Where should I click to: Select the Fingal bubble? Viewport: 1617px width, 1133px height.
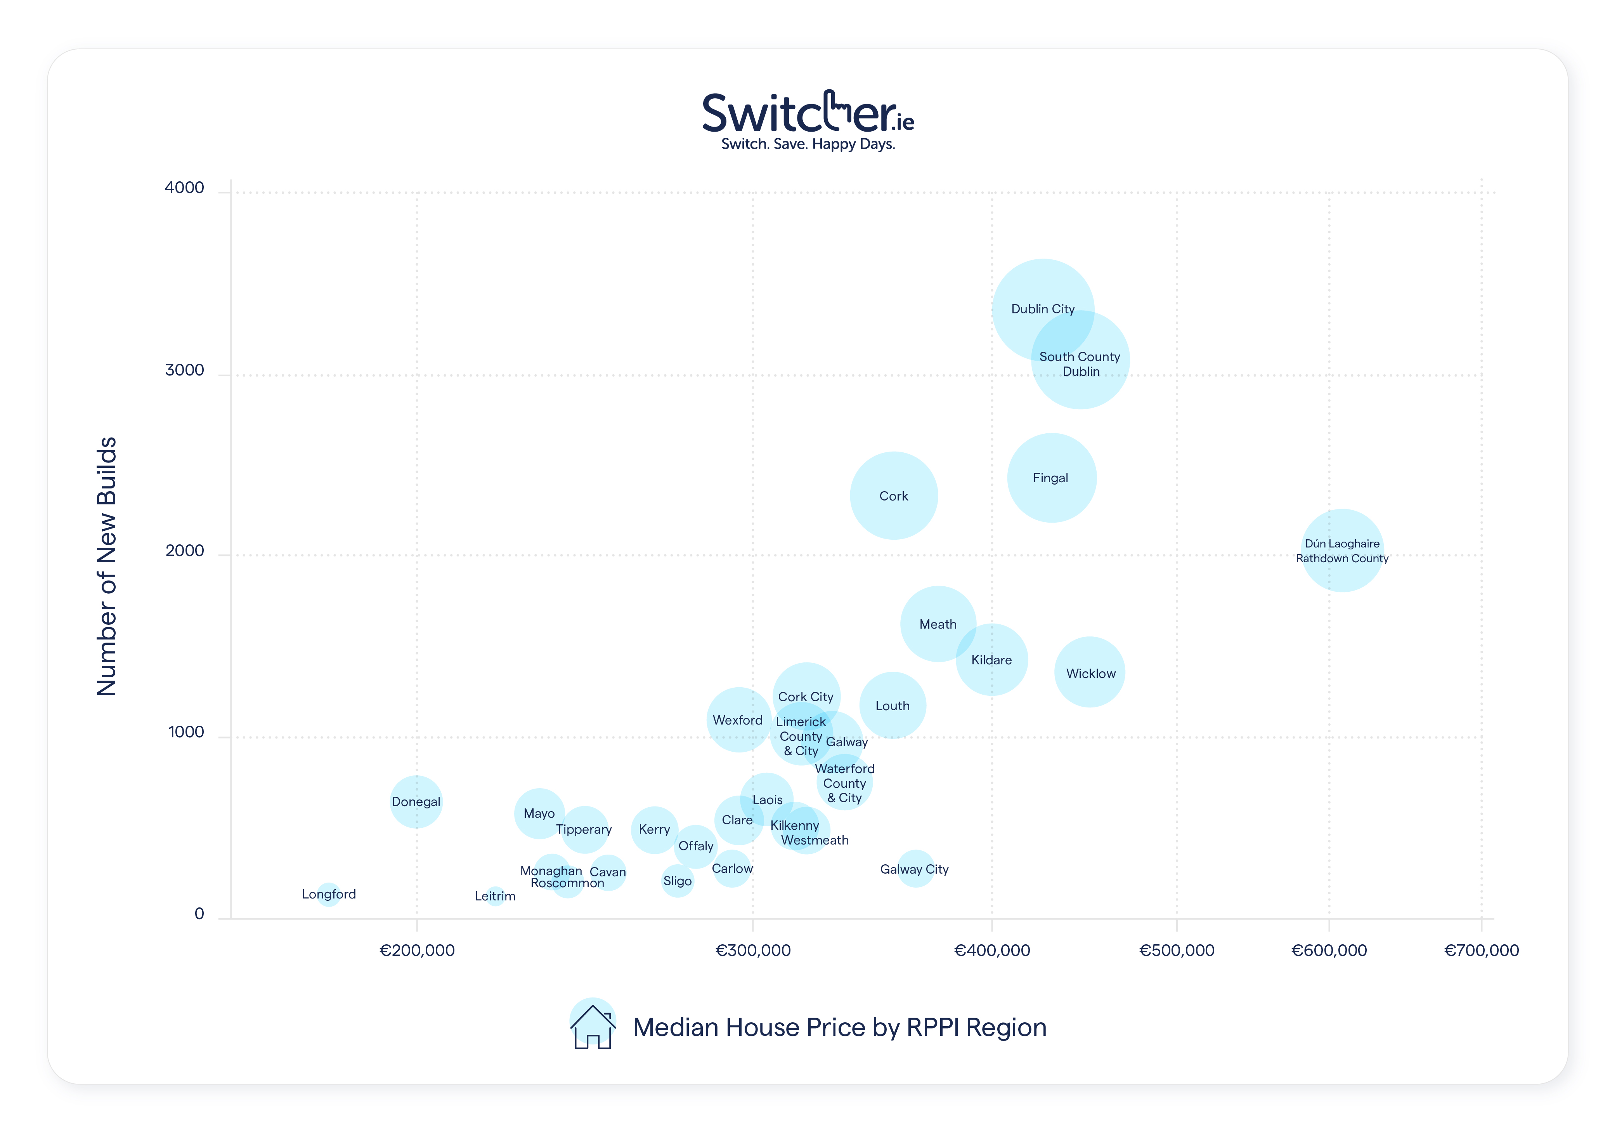[1051, 478]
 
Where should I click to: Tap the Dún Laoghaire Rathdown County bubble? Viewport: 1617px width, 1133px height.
[1341, 550]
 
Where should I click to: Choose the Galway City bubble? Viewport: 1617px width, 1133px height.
[915, 869]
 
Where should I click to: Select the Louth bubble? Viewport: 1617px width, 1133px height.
[892, 705]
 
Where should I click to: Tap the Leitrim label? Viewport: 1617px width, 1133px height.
[495, 896]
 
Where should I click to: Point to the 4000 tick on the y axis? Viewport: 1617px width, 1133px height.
[185, 188]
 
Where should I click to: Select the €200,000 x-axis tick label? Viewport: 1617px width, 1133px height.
[417, 951]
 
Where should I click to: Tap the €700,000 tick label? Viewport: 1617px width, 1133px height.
[1481, 951]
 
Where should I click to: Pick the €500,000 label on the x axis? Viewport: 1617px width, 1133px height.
[1176, 951]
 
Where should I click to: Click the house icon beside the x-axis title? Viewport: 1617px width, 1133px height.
[592, 1026]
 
